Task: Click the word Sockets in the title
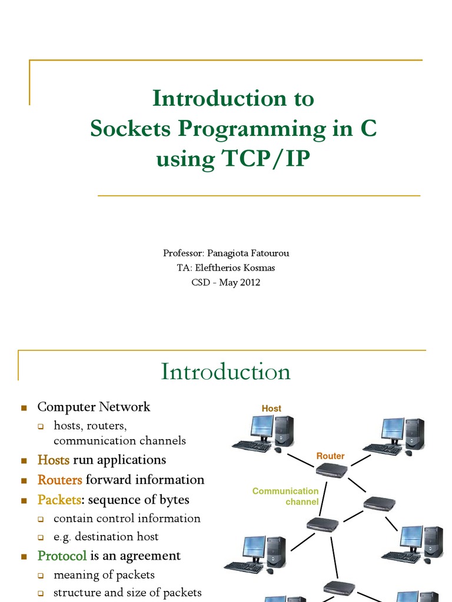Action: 129,129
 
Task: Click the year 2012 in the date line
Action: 248,282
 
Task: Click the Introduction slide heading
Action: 225,372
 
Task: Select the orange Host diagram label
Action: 271,409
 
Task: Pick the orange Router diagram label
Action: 330,456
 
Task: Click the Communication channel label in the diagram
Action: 285,496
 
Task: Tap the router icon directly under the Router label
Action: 331,469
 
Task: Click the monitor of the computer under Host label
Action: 261,427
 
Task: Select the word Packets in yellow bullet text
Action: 59,500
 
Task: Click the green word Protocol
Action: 62,556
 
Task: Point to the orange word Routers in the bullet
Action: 59,480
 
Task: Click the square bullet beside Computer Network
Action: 24,407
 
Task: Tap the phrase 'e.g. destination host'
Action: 106,536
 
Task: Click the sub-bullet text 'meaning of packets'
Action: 104,574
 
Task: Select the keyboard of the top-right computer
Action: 382,449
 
